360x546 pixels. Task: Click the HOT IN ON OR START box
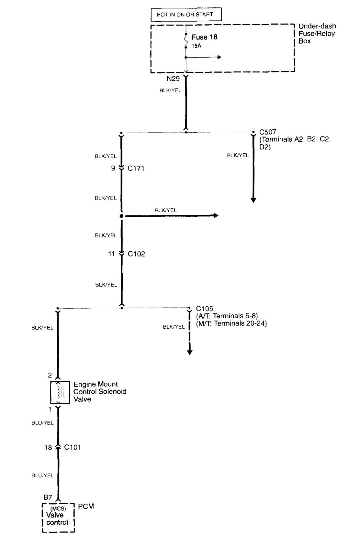click(x=186, y=15)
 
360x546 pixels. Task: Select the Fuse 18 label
click(x=204, y=37)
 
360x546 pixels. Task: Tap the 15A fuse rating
click(x=196, y=46)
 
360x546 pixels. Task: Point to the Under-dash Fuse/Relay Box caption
click(x=317, y=33)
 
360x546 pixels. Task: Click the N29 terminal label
click(x=173, y=79)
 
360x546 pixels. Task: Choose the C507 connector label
click(x=267, y=132)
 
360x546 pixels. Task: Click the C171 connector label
click(x=136, y=168)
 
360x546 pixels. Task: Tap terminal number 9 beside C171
click(x=113, y=168)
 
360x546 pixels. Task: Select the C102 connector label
click(x=136, y=254)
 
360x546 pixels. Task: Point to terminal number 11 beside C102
click(x=111, y=254)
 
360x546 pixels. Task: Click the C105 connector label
click(x=205, y=309)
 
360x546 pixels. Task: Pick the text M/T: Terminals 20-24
click(x=231, y=323)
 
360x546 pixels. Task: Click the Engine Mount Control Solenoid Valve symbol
click(x=60, y=393)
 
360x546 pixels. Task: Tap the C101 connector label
click(x=73, y=447)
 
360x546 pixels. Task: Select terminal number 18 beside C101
click(x=48, y=447)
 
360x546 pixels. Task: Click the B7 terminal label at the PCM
click(x=48, y=497)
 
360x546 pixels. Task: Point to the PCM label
click(x=86, y=506)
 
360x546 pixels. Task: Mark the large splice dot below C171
click(x=121, y=216)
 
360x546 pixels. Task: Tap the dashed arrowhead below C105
click(x=190, y=352)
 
